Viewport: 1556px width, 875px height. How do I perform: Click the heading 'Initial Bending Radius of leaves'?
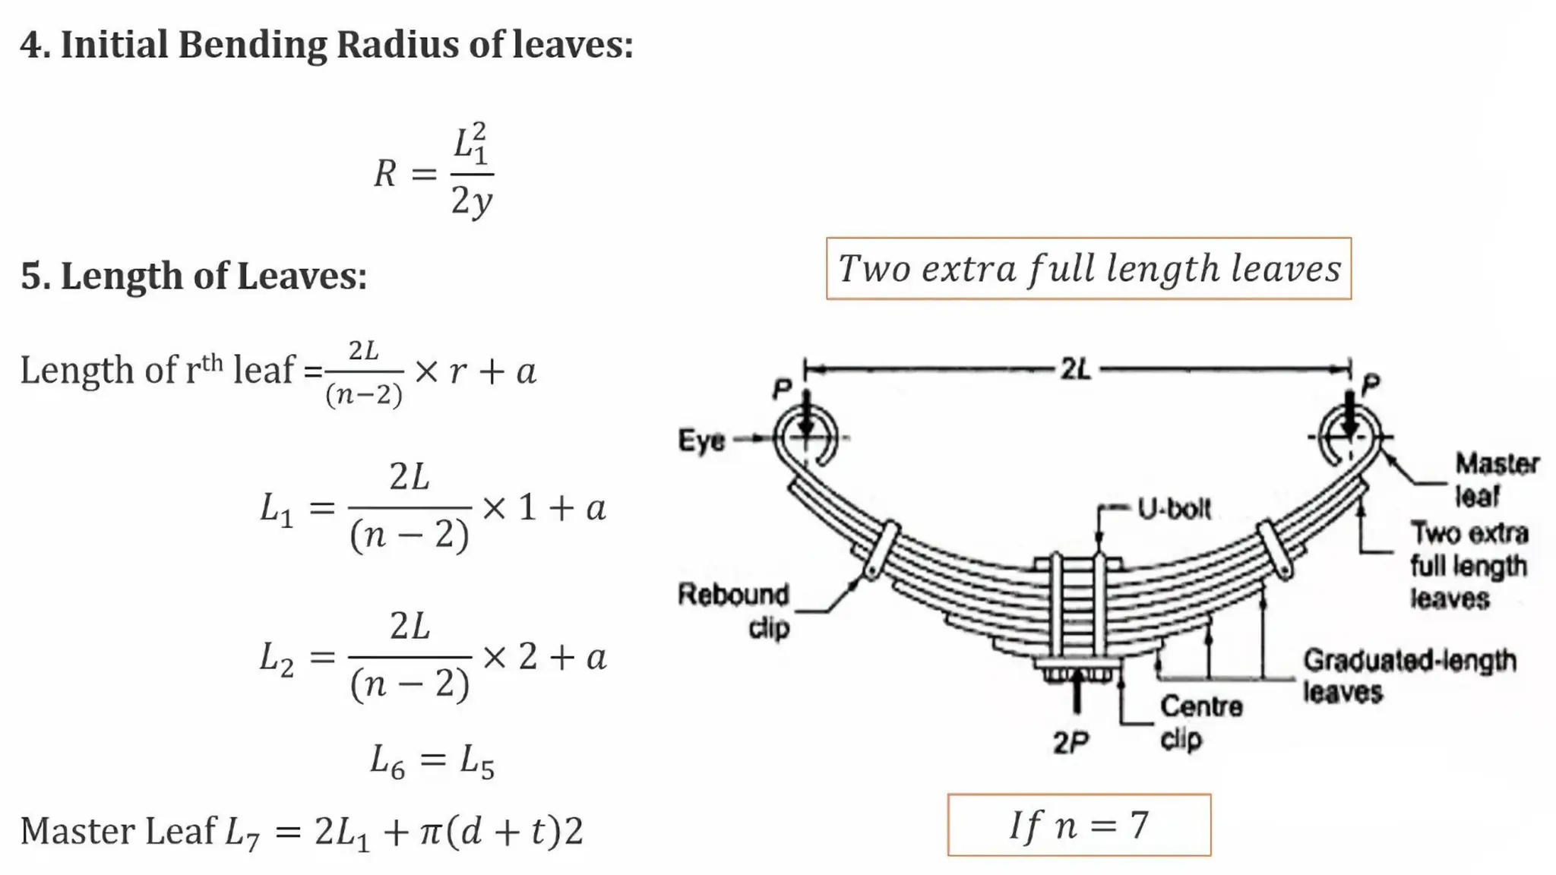point(327,44)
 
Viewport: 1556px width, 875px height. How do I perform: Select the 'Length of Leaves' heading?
point(194,276)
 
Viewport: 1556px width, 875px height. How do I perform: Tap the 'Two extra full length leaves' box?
point(1088,269)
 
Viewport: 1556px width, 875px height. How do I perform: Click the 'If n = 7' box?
point(1079,825)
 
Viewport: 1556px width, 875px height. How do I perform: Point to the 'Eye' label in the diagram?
point(701,441)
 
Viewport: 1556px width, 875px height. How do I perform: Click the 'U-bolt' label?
point(1174,509)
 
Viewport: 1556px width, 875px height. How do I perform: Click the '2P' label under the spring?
point(1071,742)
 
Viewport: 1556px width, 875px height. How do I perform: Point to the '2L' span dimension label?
point(1076,370)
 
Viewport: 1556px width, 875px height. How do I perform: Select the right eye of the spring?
point(1349,437)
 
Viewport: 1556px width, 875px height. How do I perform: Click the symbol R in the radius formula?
point(385,174)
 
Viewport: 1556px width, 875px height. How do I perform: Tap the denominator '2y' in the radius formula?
point(471,201)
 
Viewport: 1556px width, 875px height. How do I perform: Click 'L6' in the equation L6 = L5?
point(387,760)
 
